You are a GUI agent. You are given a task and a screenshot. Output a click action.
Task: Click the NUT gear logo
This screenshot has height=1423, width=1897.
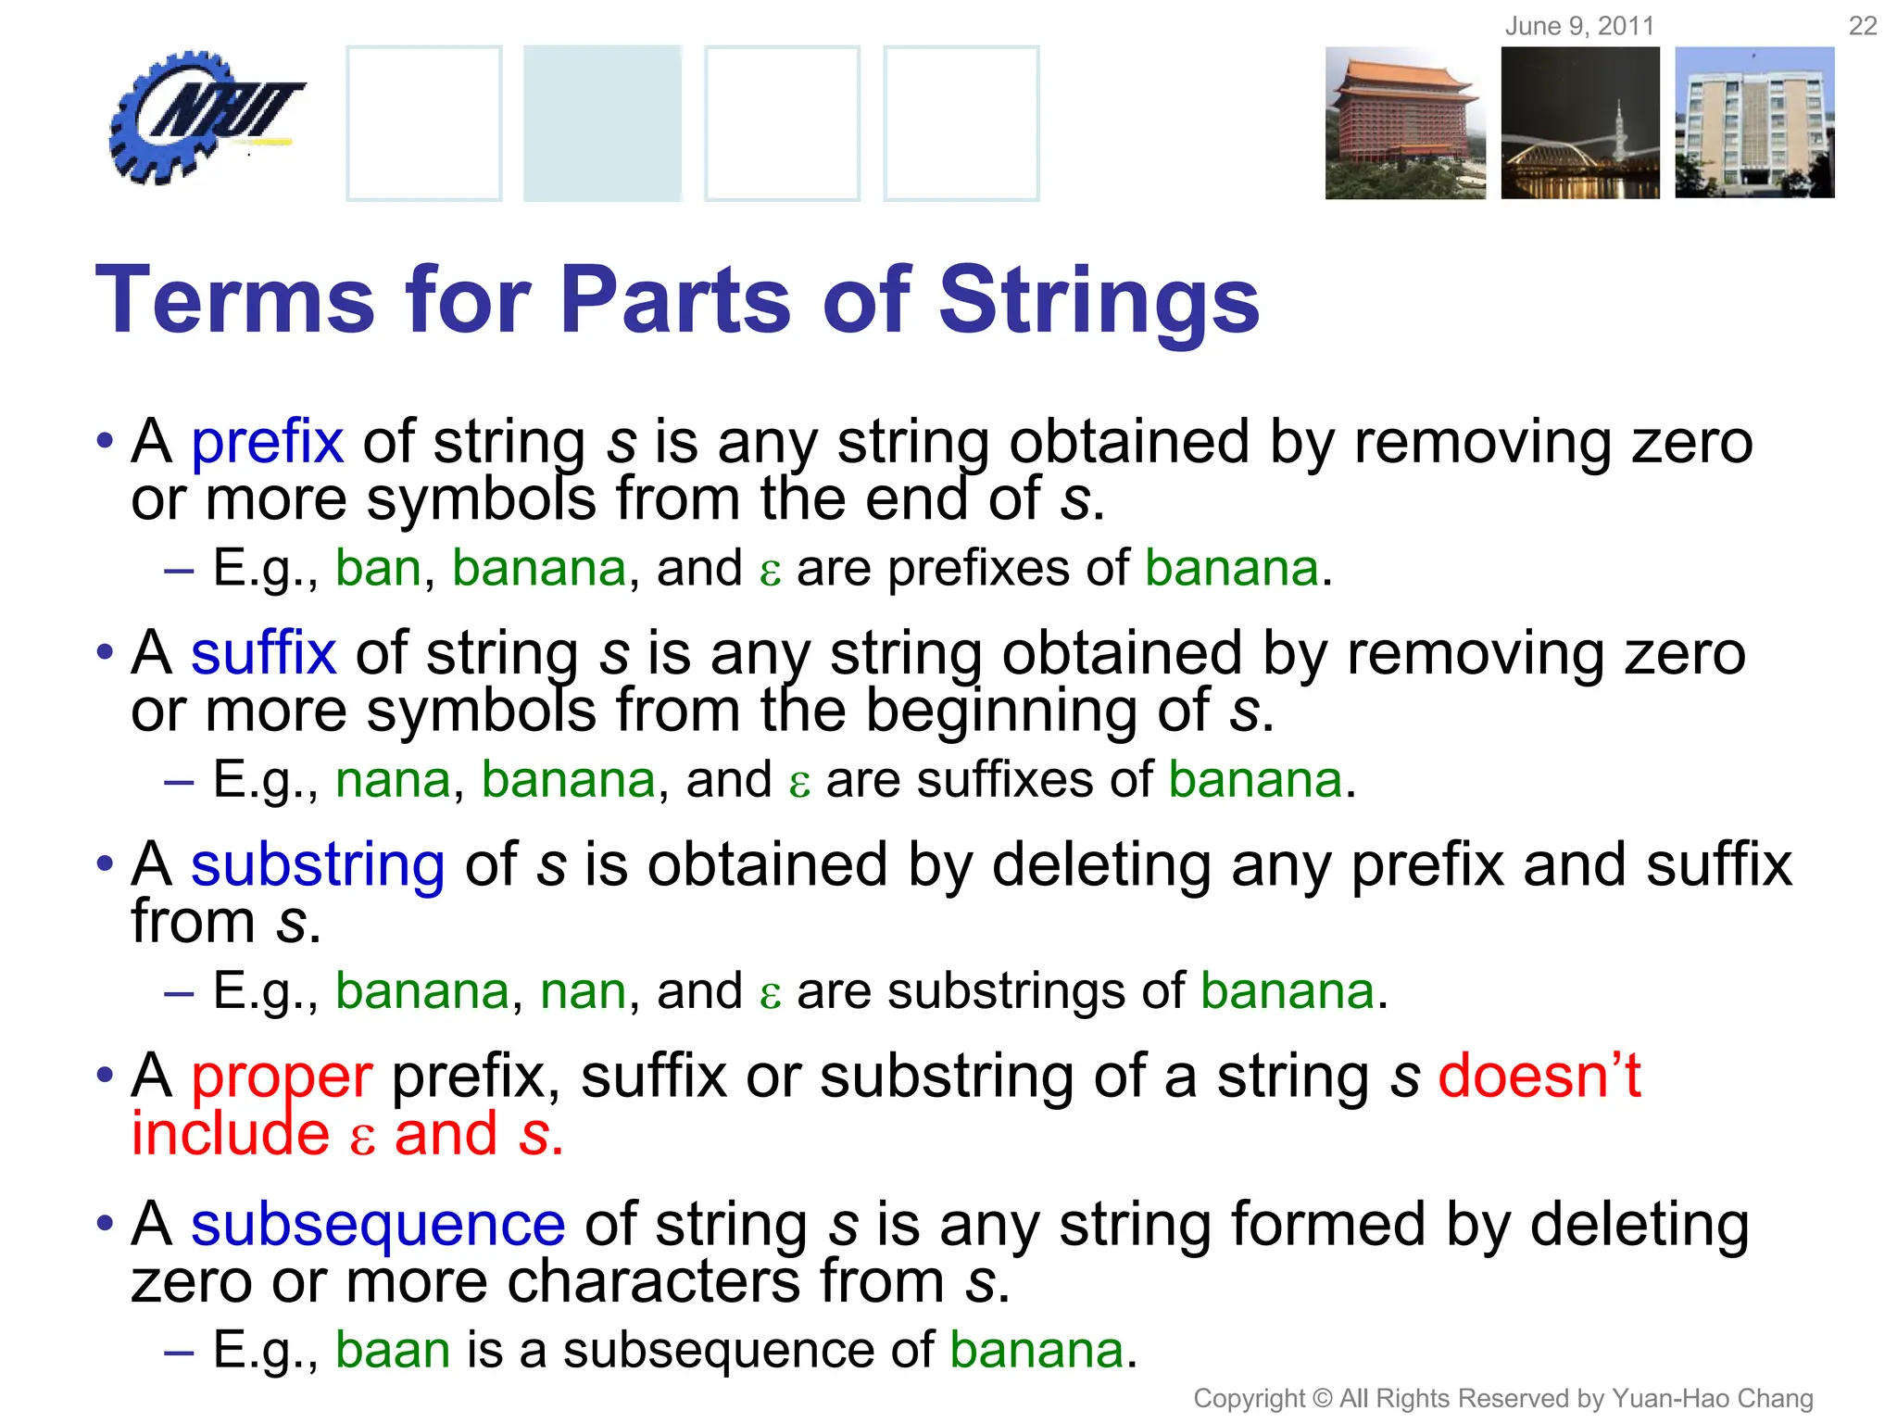pos(202,117)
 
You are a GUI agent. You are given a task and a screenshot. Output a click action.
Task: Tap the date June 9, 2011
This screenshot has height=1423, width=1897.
pos(1579,26)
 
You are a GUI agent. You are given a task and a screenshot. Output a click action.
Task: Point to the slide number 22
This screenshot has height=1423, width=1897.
pos(1862,26)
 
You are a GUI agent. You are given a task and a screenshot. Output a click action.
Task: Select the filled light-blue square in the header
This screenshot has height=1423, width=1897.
pos(602,123)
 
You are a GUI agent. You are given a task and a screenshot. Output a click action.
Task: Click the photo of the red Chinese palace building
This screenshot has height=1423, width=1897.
pos(1404,123)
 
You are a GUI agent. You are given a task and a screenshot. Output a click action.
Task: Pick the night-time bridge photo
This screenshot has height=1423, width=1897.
pos(1580,123)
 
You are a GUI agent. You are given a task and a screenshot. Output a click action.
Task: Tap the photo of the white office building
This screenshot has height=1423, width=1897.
pos(1754,123)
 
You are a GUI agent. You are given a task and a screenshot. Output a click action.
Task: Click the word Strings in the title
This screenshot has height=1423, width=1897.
pos(1099,300)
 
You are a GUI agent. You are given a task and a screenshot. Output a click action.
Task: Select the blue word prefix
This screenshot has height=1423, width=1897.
pos(267,442)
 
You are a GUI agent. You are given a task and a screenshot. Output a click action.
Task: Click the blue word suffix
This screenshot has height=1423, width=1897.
pos(263,653)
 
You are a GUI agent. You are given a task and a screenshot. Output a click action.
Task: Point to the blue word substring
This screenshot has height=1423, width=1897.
pos(318,865)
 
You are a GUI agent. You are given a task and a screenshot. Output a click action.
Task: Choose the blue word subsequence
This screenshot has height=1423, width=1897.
pos(378,1225)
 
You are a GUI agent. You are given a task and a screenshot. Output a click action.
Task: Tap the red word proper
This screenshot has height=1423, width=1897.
pos(282,1077)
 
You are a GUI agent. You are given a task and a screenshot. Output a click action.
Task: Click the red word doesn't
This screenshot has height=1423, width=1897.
pos(1539,1077)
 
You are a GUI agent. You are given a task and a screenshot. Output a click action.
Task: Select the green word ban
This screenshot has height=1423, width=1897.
pos(378,568)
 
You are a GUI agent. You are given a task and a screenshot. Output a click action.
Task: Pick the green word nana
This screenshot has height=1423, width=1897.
pos(393,780)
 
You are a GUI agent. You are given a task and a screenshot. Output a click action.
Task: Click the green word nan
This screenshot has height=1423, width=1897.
pos(584,991)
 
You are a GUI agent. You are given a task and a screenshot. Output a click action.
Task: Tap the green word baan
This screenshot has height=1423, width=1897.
pos(393,1350)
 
